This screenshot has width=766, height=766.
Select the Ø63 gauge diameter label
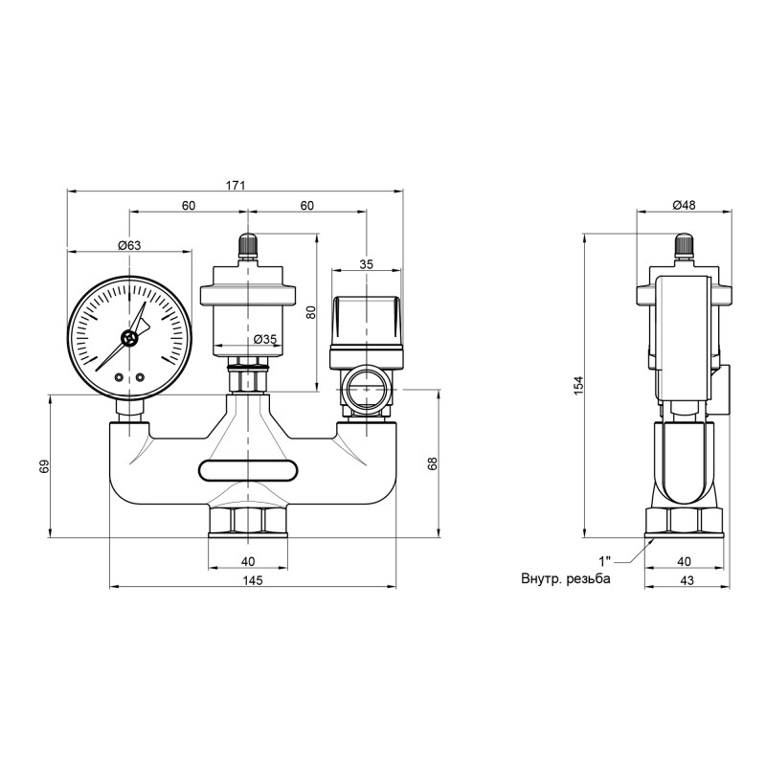pyautogui.click(x=129, y=246)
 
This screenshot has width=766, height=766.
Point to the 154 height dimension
pyautogui.click(x=578, y=383)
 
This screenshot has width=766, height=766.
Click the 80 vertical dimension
pyautogui.click(x=310, y=312)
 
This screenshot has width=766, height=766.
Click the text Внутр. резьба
pyautogui.click(x=565, y=579)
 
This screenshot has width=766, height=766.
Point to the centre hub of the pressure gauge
pyautogui.click(x=129, y=337)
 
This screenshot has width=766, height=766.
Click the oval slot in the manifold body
pyautogui.click(x=249, y=469)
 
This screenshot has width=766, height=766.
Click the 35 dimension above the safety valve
pyautogui.click(x=366, y=264)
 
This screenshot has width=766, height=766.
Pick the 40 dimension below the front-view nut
pyautogui.click(x=248, y=560)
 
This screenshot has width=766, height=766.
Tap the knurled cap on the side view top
pyautogui.click(x=683, y=247)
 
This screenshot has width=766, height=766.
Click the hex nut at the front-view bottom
pyautogui.click(x=248, y=522)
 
